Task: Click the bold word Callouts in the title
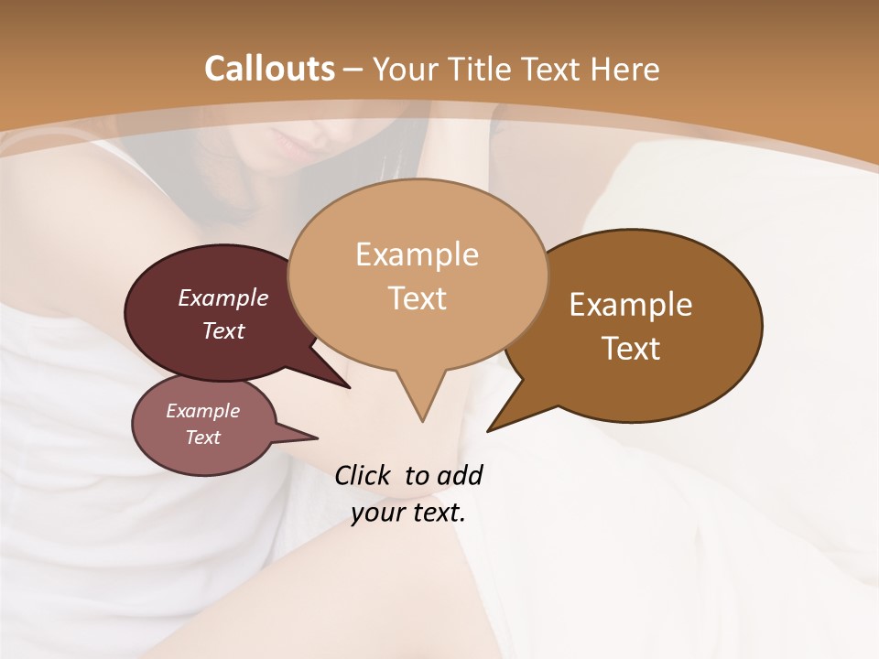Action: [269, 69]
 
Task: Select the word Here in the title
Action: [624, 69]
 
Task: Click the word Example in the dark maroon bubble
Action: [223, 297]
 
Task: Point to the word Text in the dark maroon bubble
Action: [223, 330]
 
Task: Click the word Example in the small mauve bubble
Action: [202, 411]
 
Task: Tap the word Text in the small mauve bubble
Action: [202, 438]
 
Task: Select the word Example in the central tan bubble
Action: [417, 254]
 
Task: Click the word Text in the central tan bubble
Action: [417, 298]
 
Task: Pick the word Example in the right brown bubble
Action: [631, 305]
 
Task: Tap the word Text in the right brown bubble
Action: [631, 349]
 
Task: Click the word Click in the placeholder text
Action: [364, 475]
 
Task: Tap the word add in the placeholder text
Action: [460, 475]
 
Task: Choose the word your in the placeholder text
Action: [377, 513]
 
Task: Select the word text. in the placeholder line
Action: [436, 513]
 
